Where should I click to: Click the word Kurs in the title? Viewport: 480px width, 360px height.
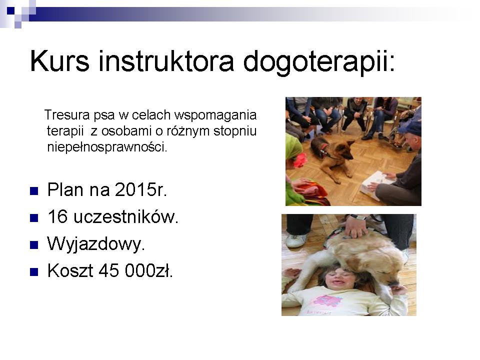click(x=60, y=61)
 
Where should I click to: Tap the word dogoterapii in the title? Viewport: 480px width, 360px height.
click(x=316, y=63)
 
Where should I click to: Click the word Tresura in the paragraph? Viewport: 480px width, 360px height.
click(x=67, y=115)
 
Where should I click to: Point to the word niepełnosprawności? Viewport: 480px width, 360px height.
click(x=107, y=147)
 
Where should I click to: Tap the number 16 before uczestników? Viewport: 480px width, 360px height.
click(x=57, y=216)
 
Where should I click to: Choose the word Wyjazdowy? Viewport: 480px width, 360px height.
click(x=96, y=244)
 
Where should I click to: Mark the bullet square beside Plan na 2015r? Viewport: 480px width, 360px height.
click(x=34, y=191)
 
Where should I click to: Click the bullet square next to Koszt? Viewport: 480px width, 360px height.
click(x=34, y=272)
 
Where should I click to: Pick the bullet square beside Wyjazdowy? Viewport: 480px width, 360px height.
click(x=34, y=245)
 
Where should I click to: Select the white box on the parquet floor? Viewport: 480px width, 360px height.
click(x=375, y=184)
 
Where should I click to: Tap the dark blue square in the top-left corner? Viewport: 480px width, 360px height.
click(x=10, y=10)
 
